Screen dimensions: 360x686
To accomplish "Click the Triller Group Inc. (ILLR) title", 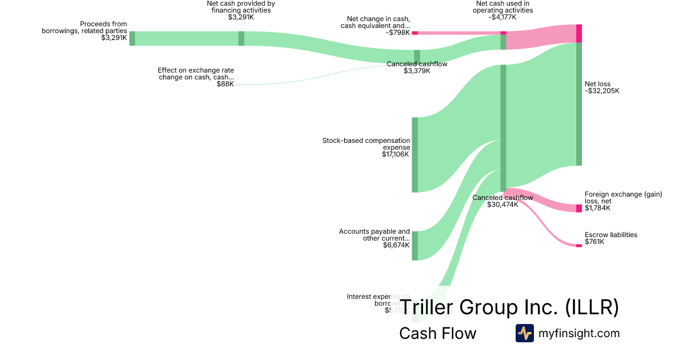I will [x=509, y=307].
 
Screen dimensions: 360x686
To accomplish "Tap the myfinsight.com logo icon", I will [x=524, y=333].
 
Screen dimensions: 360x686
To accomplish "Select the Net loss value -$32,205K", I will [x=602, y=91].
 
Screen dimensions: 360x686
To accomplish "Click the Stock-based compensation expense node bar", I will [x=415, y=155].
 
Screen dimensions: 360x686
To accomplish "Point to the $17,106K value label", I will [x=396, y=154].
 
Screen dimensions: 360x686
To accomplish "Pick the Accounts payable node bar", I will [x=415, y=246].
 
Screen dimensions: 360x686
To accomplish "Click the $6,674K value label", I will [x=397, y=246].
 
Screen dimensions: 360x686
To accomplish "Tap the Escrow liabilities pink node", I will [x=579, y=246].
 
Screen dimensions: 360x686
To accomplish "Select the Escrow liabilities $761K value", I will [x=595, y=242].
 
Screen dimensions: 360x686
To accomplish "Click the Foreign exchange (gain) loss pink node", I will [x=579, y=208].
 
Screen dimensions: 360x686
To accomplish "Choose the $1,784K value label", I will [x=597, y=208].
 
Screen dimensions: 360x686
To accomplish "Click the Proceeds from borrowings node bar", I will [x=132, y=38].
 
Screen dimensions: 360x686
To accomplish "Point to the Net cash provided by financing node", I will [x=241, y=38].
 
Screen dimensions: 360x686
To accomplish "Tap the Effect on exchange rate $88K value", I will [x=225, y=84].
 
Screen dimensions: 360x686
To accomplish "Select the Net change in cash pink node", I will [x=415, y=33].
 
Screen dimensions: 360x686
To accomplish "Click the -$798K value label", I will [x=398, y=33].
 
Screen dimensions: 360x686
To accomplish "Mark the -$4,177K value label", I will [x=502, y=17].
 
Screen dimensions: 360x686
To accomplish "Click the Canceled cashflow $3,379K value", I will [x=417, y=71].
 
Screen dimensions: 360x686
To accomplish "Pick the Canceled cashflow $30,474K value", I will [x=502, y=205].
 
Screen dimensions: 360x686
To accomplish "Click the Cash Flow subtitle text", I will [x=437, y=334].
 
